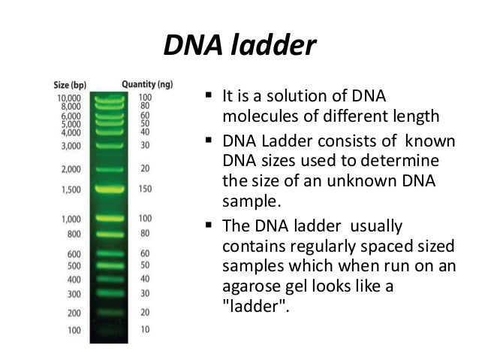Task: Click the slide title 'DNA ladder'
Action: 239,47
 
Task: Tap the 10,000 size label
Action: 68,98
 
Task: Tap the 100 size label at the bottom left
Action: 74,330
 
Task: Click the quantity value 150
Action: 145,190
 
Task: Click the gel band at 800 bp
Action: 109,232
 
